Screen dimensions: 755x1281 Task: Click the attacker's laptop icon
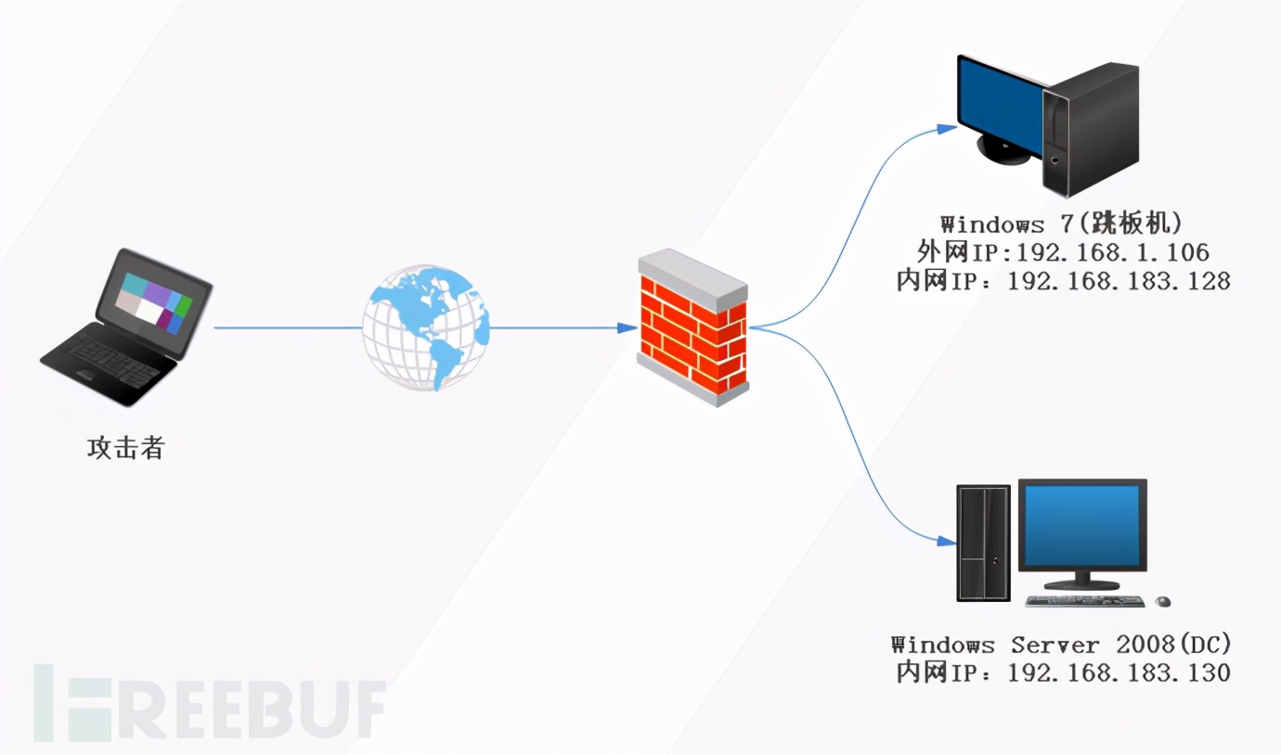tap(127, 326)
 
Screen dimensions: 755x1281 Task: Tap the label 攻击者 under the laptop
tap(126, 449)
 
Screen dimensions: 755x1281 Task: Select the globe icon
tap(426, 327)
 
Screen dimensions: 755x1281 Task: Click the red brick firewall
tap(693, 328)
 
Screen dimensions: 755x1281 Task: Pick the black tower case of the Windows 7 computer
tap(1092, 128)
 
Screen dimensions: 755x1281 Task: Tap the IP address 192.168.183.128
tap(1118, 280)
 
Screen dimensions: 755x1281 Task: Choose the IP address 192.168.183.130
tap(1118, 672)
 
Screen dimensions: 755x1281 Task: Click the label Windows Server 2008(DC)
tap(1062, 645)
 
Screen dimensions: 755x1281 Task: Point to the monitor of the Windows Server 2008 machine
tap(1082, 526)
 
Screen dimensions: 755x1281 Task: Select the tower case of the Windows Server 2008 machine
tap(983, 544)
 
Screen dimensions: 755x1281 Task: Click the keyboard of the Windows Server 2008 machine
tap(1086, 602)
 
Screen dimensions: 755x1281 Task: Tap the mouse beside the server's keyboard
tap(1162, 602)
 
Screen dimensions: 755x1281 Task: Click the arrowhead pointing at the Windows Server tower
tap(946, 541)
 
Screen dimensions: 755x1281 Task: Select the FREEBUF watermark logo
tap(210, 702)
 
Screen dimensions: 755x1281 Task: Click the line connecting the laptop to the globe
tap(288, 327)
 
